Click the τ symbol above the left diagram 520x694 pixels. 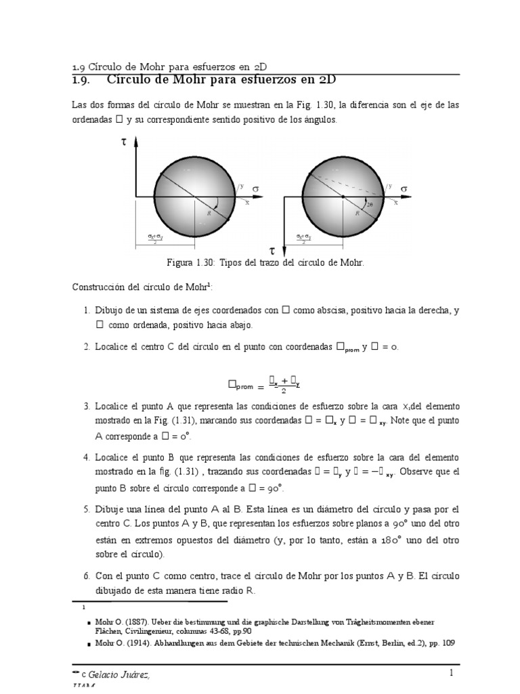(123, 144)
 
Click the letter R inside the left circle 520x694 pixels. (210, 213)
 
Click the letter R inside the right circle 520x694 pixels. (357, 213)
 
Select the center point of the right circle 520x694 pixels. (343, 197)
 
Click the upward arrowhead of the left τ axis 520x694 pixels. (136, 141)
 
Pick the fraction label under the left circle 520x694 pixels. (156, 238)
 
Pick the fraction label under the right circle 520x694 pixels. (303, 238)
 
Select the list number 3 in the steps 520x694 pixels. (87, 406)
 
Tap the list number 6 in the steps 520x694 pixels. (87, 576)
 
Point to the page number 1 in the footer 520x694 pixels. (450, 672)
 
